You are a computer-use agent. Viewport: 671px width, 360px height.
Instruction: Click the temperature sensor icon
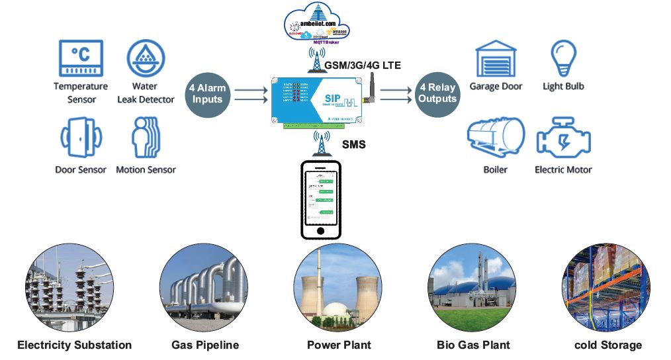[81, 59]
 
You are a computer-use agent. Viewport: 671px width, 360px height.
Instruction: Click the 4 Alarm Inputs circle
[208, 94]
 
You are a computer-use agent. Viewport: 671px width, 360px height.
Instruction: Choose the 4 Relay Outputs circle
[437, 93]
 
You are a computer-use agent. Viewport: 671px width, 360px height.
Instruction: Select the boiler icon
[495, 138]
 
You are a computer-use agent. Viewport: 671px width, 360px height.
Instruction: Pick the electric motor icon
[563, 138]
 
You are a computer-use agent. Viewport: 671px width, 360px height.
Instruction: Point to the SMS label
[354, 144]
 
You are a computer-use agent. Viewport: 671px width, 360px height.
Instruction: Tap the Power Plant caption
[339, 345]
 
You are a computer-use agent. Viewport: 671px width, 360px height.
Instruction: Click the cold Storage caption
[608, 345]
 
